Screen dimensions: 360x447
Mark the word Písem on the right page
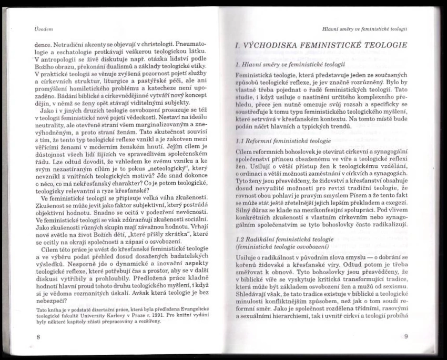pos(333,196)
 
